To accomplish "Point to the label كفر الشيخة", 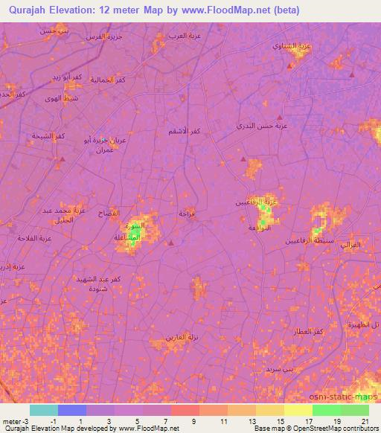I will coord(48,136).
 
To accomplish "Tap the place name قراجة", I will coord(187,214).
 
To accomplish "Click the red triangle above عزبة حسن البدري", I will coord(280,118).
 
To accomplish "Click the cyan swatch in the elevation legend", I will coord(44,410).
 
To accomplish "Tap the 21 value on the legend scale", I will coord(365,421).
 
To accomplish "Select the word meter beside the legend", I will coord(11,421).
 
